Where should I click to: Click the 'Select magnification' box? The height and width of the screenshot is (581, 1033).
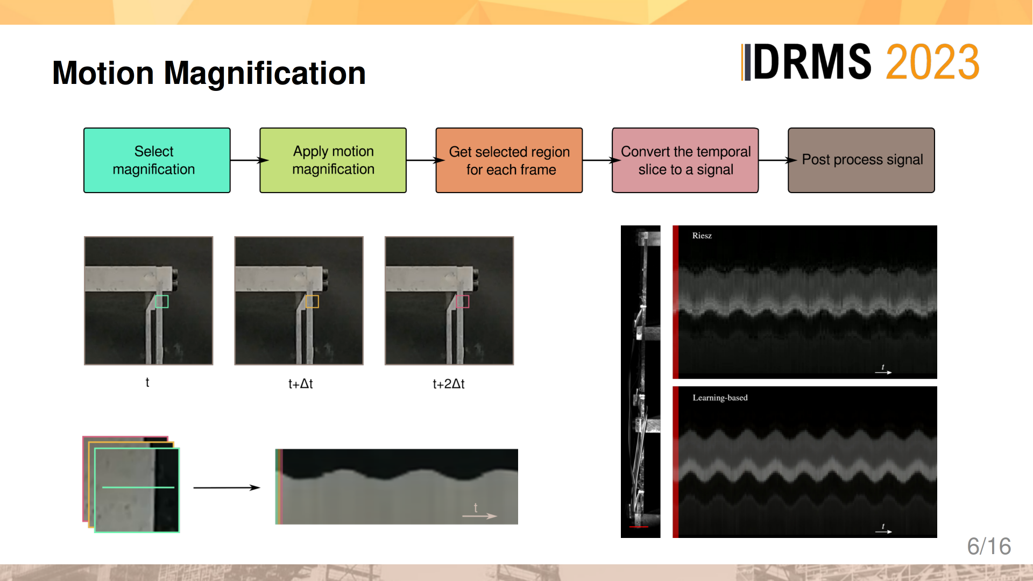[x=157, y=160]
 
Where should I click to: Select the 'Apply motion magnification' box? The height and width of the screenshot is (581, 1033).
[x=333, y=160]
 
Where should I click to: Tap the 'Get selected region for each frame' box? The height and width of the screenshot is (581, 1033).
[x=509, y=160]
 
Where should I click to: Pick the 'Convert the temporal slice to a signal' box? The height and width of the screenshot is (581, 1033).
[x=685, y=160]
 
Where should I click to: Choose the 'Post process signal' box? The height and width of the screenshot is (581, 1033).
[x=861, y=160]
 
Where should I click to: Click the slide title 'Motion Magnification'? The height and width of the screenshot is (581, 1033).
[x=209, y=73]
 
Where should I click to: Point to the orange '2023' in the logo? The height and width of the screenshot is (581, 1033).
[x=932, y=62]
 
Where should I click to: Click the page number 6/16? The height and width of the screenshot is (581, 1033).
[x=989, y=547]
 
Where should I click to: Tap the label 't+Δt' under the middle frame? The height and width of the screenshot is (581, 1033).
[x=301, y=384]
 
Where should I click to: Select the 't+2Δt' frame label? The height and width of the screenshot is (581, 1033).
[x=449, y=384]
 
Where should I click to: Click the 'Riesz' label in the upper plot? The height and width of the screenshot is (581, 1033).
[x=702, y=236]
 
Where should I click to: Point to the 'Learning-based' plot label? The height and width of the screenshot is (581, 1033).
[x=720, y=398]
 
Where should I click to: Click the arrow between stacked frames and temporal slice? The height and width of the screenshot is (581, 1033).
[x=227, y=487]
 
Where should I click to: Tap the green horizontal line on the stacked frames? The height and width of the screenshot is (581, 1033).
[x=138, y=487]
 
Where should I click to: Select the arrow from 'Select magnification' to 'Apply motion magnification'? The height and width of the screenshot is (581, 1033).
[x=250, y=160]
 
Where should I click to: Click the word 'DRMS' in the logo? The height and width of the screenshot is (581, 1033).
[x=812, y=62]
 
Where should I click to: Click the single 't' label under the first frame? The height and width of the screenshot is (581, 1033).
[x=147, y=382]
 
